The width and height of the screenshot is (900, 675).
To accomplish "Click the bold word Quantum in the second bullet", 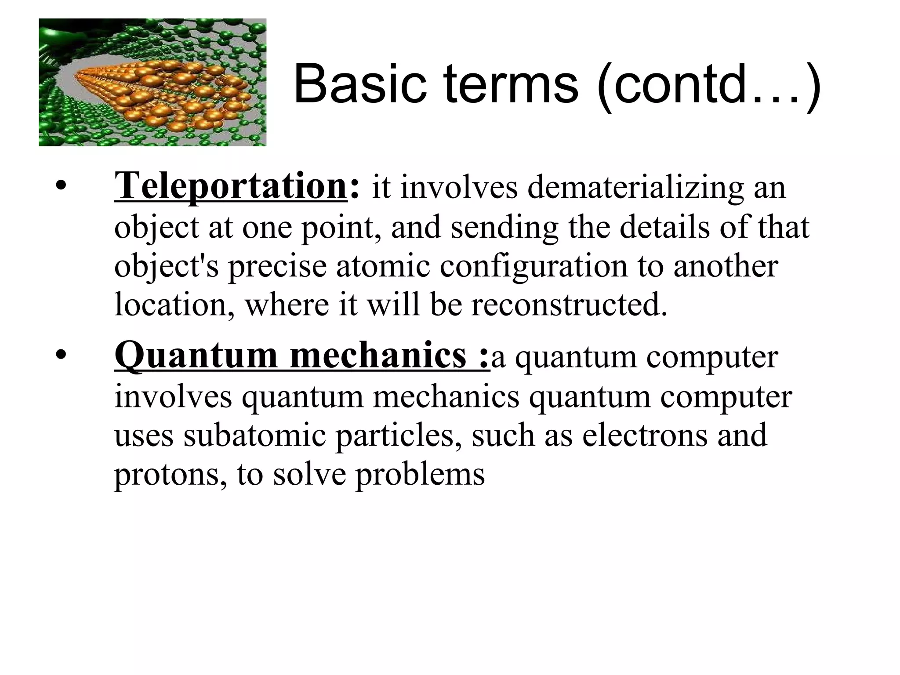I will pos(196,356).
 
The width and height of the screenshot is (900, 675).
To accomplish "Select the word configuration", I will pos(533,267).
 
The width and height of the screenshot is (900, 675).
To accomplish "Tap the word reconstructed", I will pos(569,305).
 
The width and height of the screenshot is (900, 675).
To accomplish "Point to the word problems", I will pos(420,475).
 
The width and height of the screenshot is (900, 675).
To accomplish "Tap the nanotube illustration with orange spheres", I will pos(152,82).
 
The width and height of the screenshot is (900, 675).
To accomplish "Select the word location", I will pos(174,305).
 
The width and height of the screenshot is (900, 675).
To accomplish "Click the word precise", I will pos(277,267).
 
